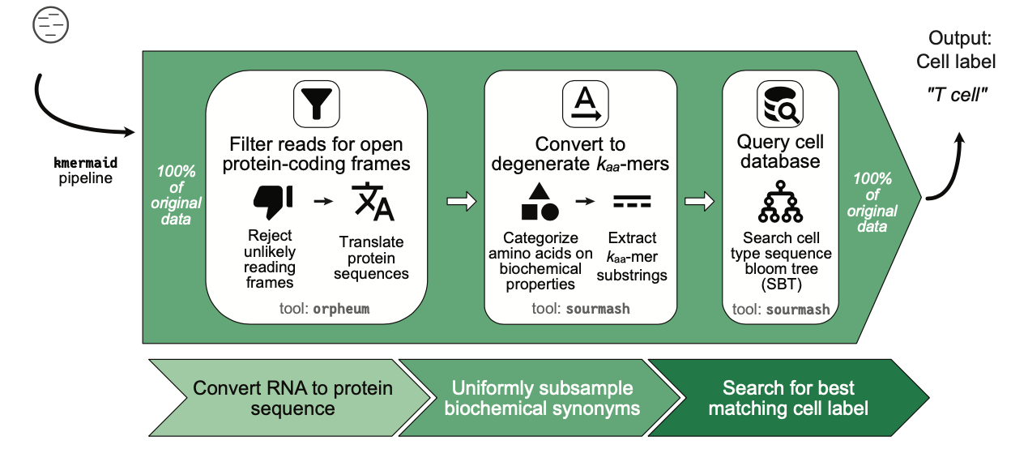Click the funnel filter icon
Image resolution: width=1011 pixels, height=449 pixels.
pyautogui.click(x=317, y=104)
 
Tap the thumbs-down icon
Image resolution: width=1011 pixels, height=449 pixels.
pyautogui.click(x=273, y=202)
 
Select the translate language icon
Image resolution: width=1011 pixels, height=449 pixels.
pyautogui.click(x=373, y=202)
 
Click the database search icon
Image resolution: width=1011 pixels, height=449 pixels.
pyautogui.click(x=780, y=104)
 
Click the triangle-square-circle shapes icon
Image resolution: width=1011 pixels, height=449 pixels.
pyautogui.click(x=540, y=202)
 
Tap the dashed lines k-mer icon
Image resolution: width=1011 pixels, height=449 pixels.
pyautogui.click(x=632, y=202)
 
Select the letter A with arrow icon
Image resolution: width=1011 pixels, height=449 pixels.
pyautogui.click(x=586, y=104)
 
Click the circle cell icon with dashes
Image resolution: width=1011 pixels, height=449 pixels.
pyautogui.click(x=50, y=25)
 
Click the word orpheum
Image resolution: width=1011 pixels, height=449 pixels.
pyautogui.click(x=341, y=309)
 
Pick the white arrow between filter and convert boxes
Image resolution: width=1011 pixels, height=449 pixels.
pyautogui.click(x=461, y=202)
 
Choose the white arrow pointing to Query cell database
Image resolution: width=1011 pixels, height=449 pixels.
pyautogui.click(x=699, y=202)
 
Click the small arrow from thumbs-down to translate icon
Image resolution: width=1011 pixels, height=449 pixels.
pyautogui.click(x=323, y=201)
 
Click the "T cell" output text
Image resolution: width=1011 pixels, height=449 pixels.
pyautogui.click(x=957, y=95)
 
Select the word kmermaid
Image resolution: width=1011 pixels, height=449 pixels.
pyautogui.click(x=85, y=163)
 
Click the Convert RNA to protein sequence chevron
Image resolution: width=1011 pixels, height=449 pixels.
pyautogui.click(x=289, y=398)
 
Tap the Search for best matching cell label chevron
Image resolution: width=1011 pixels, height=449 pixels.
pyautogui.click(x=789, y=398)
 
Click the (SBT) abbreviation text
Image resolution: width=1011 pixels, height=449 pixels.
pyautogui.click(x=781, y=284)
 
